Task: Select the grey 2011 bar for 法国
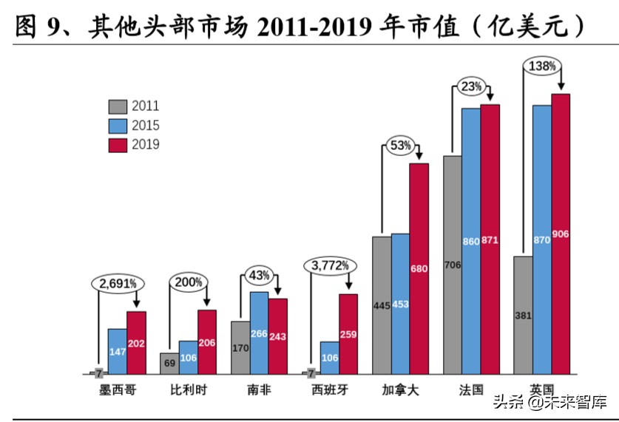point(453,265)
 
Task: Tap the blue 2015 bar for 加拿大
point(400,304)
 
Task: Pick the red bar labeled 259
point(348,334)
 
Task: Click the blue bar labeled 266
point(259,333)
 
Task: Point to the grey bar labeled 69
point(169,364)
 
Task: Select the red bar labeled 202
point(136,343)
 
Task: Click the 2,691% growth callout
point(118,283)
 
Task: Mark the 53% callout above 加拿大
point(401,146)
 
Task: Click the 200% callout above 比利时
point(189,282)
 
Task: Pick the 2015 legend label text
point(146,126)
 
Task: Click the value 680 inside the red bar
point(419,269)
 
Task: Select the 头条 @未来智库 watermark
point(549,402)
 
